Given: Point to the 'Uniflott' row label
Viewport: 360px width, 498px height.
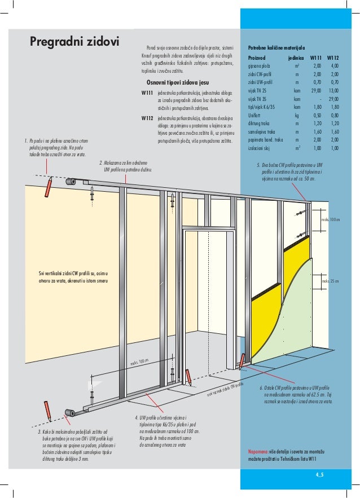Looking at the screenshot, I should (255, 115).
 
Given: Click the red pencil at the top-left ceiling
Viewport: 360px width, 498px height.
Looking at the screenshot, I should (50, 184).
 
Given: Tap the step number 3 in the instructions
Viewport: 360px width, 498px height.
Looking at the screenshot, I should (32, 432).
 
